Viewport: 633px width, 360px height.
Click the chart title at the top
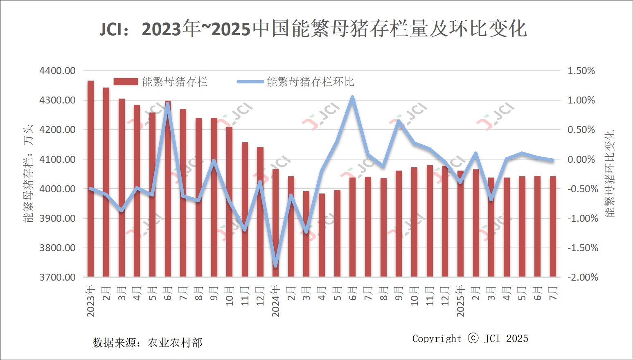coord(313,29)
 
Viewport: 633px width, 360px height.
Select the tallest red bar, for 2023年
coord(90,179)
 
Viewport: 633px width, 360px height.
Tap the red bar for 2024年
coord(276,223)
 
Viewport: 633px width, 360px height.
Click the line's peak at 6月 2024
coord(352,98)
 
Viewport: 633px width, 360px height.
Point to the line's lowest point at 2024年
coord(275,265)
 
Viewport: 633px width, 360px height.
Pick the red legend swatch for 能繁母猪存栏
coord(126,82)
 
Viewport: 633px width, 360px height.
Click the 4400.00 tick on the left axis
coord(58,71)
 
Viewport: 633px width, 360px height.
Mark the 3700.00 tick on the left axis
coord(58,277)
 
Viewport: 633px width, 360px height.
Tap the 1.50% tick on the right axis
coord(581,71)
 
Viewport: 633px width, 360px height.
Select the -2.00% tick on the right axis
coord(583,277)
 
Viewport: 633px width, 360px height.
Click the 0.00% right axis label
coord(581,159)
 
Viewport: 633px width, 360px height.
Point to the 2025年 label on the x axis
coord(461,301)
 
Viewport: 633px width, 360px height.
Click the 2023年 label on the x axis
coord(91,301)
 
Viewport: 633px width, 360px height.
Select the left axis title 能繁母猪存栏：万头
coord(28,174)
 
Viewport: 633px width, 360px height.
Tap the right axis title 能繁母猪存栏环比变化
coord(610,174)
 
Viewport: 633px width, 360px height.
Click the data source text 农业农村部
coord(175,343)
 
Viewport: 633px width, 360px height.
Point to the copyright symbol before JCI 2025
coord(473,338)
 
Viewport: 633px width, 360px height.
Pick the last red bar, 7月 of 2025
coord(553,227)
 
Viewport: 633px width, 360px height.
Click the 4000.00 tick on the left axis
coord(58,189)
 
